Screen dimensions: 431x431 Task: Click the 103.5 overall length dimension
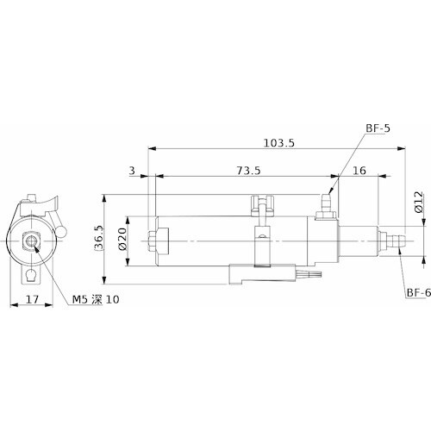click(279, 143)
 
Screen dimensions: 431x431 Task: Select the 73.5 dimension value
click(248, 171)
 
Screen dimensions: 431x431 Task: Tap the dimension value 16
click(359, 171)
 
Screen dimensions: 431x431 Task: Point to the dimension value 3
click(132, 171)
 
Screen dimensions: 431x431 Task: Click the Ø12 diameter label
click(419, 202)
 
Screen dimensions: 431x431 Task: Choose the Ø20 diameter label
click(122, 240)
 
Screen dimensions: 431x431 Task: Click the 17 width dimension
click(32, 300)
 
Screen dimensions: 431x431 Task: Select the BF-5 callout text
click(378, 128)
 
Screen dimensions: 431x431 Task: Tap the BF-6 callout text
click(419, 293)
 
